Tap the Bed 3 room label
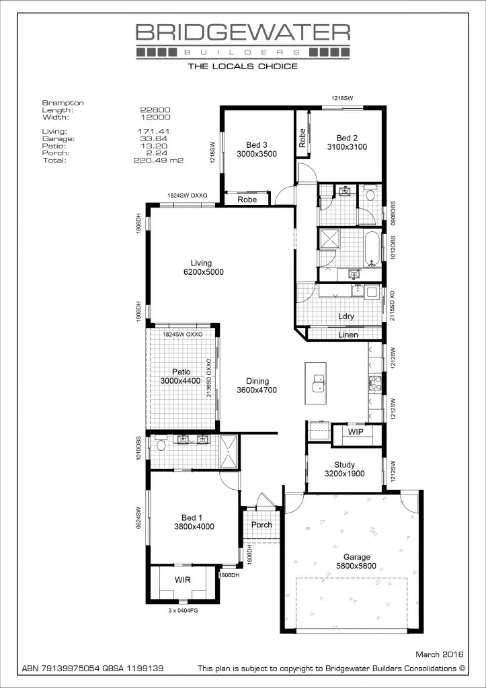[256, 145]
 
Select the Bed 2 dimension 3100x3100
[347, 146]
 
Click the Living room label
[201, 263]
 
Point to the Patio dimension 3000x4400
[180, 381]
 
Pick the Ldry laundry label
[346, 316]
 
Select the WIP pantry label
[356, 431]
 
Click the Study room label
[344, 464]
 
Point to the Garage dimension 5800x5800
[356, 566]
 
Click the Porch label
[261, 525]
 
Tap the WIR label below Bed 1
[184, 578]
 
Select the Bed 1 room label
[192, 517]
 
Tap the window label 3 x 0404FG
[183, 611]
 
